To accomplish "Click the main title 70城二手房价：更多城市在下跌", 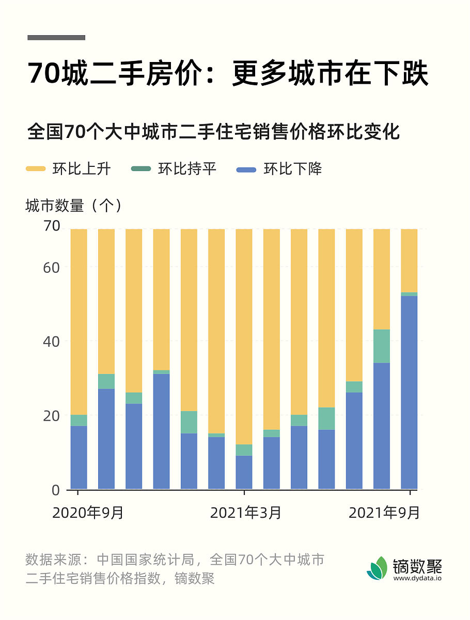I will pyautogui.click(x=228, y=74).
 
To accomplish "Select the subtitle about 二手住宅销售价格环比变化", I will pyautogui.click(x=213, y=131).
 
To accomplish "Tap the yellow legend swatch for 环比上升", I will pyautogui.click(x=36, y=169).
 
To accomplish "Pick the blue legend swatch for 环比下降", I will pyautogui.click(x=246, y=169).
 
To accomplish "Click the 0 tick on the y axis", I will pyautogui.click(x=55, y=490).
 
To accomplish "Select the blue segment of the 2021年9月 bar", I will pyautogui.click(x=409, y=393).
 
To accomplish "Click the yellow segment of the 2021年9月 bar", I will pyautogui.click(x=409, y=260).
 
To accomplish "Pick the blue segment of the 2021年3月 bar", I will pyautogui.click(x=244, y=472).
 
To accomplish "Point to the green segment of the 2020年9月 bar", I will pyautogui.click(x=79, y=421).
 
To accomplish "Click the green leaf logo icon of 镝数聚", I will pyautogui.click(x=377, y=568).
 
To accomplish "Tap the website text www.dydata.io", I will pyautogui.click(x=417, y=579).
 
